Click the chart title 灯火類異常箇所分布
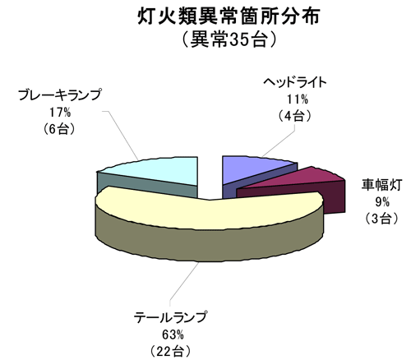pos(229,16)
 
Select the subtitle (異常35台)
pos(229,39)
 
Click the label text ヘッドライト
pos(295,82)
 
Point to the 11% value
pos(298,99)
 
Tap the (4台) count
pos(295,116)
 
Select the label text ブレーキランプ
pos(60,95)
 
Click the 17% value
pos(60,112)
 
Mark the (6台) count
pos(59,129)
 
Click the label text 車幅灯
pos(381,185)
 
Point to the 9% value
pos(382,202)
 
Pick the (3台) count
pos(381,219)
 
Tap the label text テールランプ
pos(170,318)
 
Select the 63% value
pos(173,335)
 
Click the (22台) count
pos(170,352)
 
